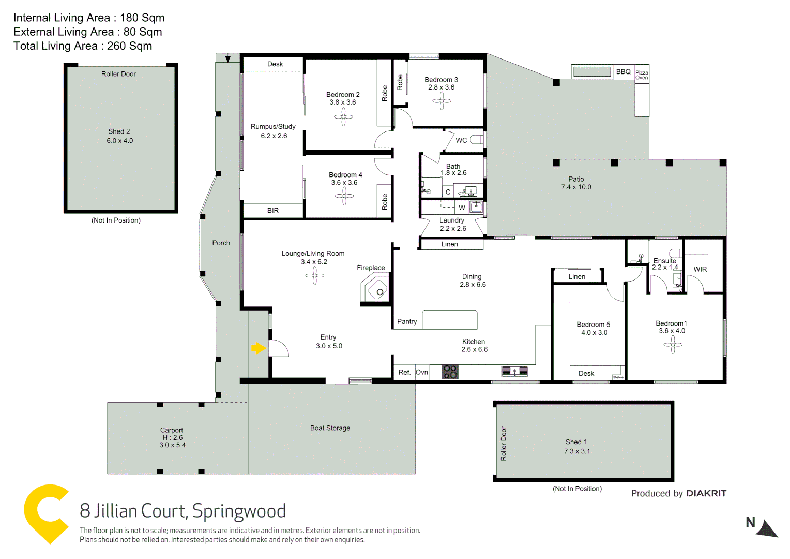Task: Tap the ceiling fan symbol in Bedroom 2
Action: click(x=343, y=117)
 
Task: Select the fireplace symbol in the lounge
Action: click(x=376, y=290)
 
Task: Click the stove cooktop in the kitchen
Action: click(x=450, y=372)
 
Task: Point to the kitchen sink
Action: click(x=514, y=371)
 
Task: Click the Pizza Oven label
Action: click(x=642, y=75)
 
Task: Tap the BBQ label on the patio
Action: click(x=623, y=72)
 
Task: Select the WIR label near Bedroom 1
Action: click(x=700, y=269)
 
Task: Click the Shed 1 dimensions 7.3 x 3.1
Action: click(x=577, y=451)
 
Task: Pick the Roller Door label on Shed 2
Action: click(x=118, y=74)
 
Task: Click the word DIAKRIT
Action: click(x=706, y=493)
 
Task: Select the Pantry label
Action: click(x=407, y=321)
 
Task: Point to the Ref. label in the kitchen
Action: click(x=404, y=372)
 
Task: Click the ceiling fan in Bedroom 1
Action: click(x=673, y=345)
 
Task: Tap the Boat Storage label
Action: click(x=330, y=428)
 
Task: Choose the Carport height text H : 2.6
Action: click(x=172, y=437)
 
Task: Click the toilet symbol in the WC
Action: click(x=477, y=140)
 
